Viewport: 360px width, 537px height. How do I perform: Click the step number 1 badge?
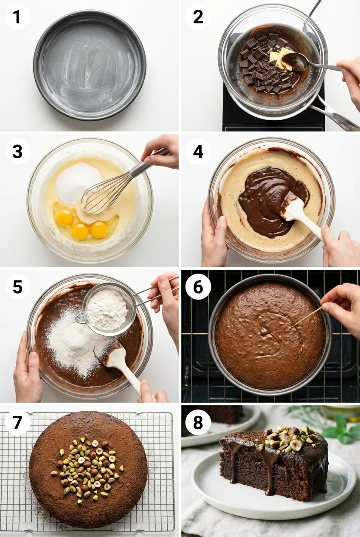coord(17,17)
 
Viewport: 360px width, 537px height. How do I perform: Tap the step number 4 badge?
coord(198,152)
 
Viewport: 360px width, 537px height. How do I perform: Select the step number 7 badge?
coord(17,423)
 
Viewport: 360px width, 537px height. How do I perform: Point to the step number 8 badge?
coord(198,423)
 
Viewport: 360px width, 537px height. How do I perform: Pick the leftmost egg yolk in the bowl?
coord(65,218)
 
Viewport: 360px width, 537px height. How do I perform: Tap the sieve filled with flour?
coord(108,308)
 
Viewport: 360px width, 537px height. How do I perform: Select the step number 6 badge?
coord(198,287)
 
